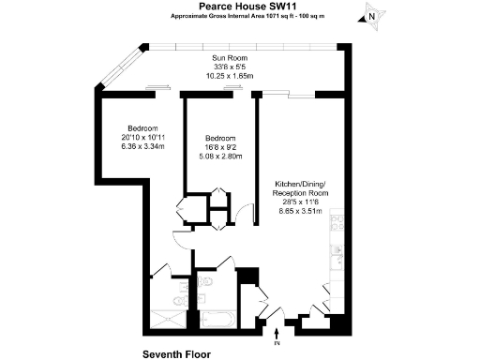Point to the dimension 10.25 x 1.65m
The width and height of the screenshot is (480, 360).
click(x=228, y=75)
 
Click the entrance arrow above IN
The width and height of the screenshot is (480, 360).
click(x=277, y=329)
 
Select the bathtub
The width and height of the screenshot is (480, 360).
click(x=217, y=319)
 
